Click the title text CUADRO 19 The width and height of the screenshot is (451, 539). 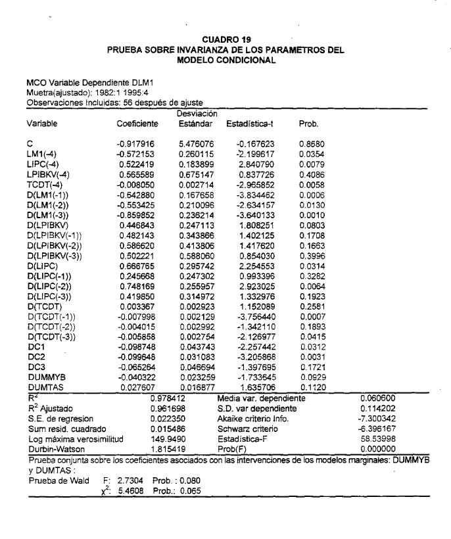tap(225, 41)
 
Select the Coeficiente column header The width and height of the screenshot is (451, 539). tap(137, 124)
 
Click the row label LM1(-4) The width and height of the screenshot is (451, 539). tap(42, 153)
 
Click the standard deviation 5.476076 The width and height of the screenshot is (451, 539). tap(197, 143)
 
